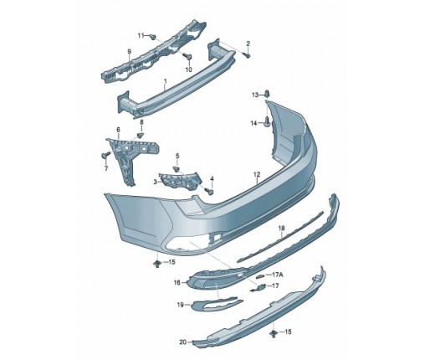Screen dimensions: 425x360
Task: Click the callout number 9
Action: click(129, 52)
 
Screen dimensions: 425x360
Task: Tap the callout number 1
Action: click(165, 81)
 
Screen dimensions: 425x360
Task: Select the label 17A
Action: click(277, 275)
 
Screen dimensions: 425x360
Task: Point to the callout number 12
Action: click(257, 174)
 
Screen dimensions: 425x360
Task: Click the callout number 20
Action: click(183, 342)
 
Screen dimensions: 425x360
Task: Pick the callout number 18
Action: click(282, 228)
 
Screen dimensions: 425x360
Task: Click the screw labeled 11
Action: click(152, 37)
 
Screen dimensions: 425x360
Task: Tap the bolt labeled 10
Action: click(187, 57)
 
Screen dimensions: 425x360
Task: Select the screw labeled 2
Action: click(247, 55)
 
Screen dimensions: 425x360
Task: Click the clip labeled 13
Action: click(267, 94)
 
